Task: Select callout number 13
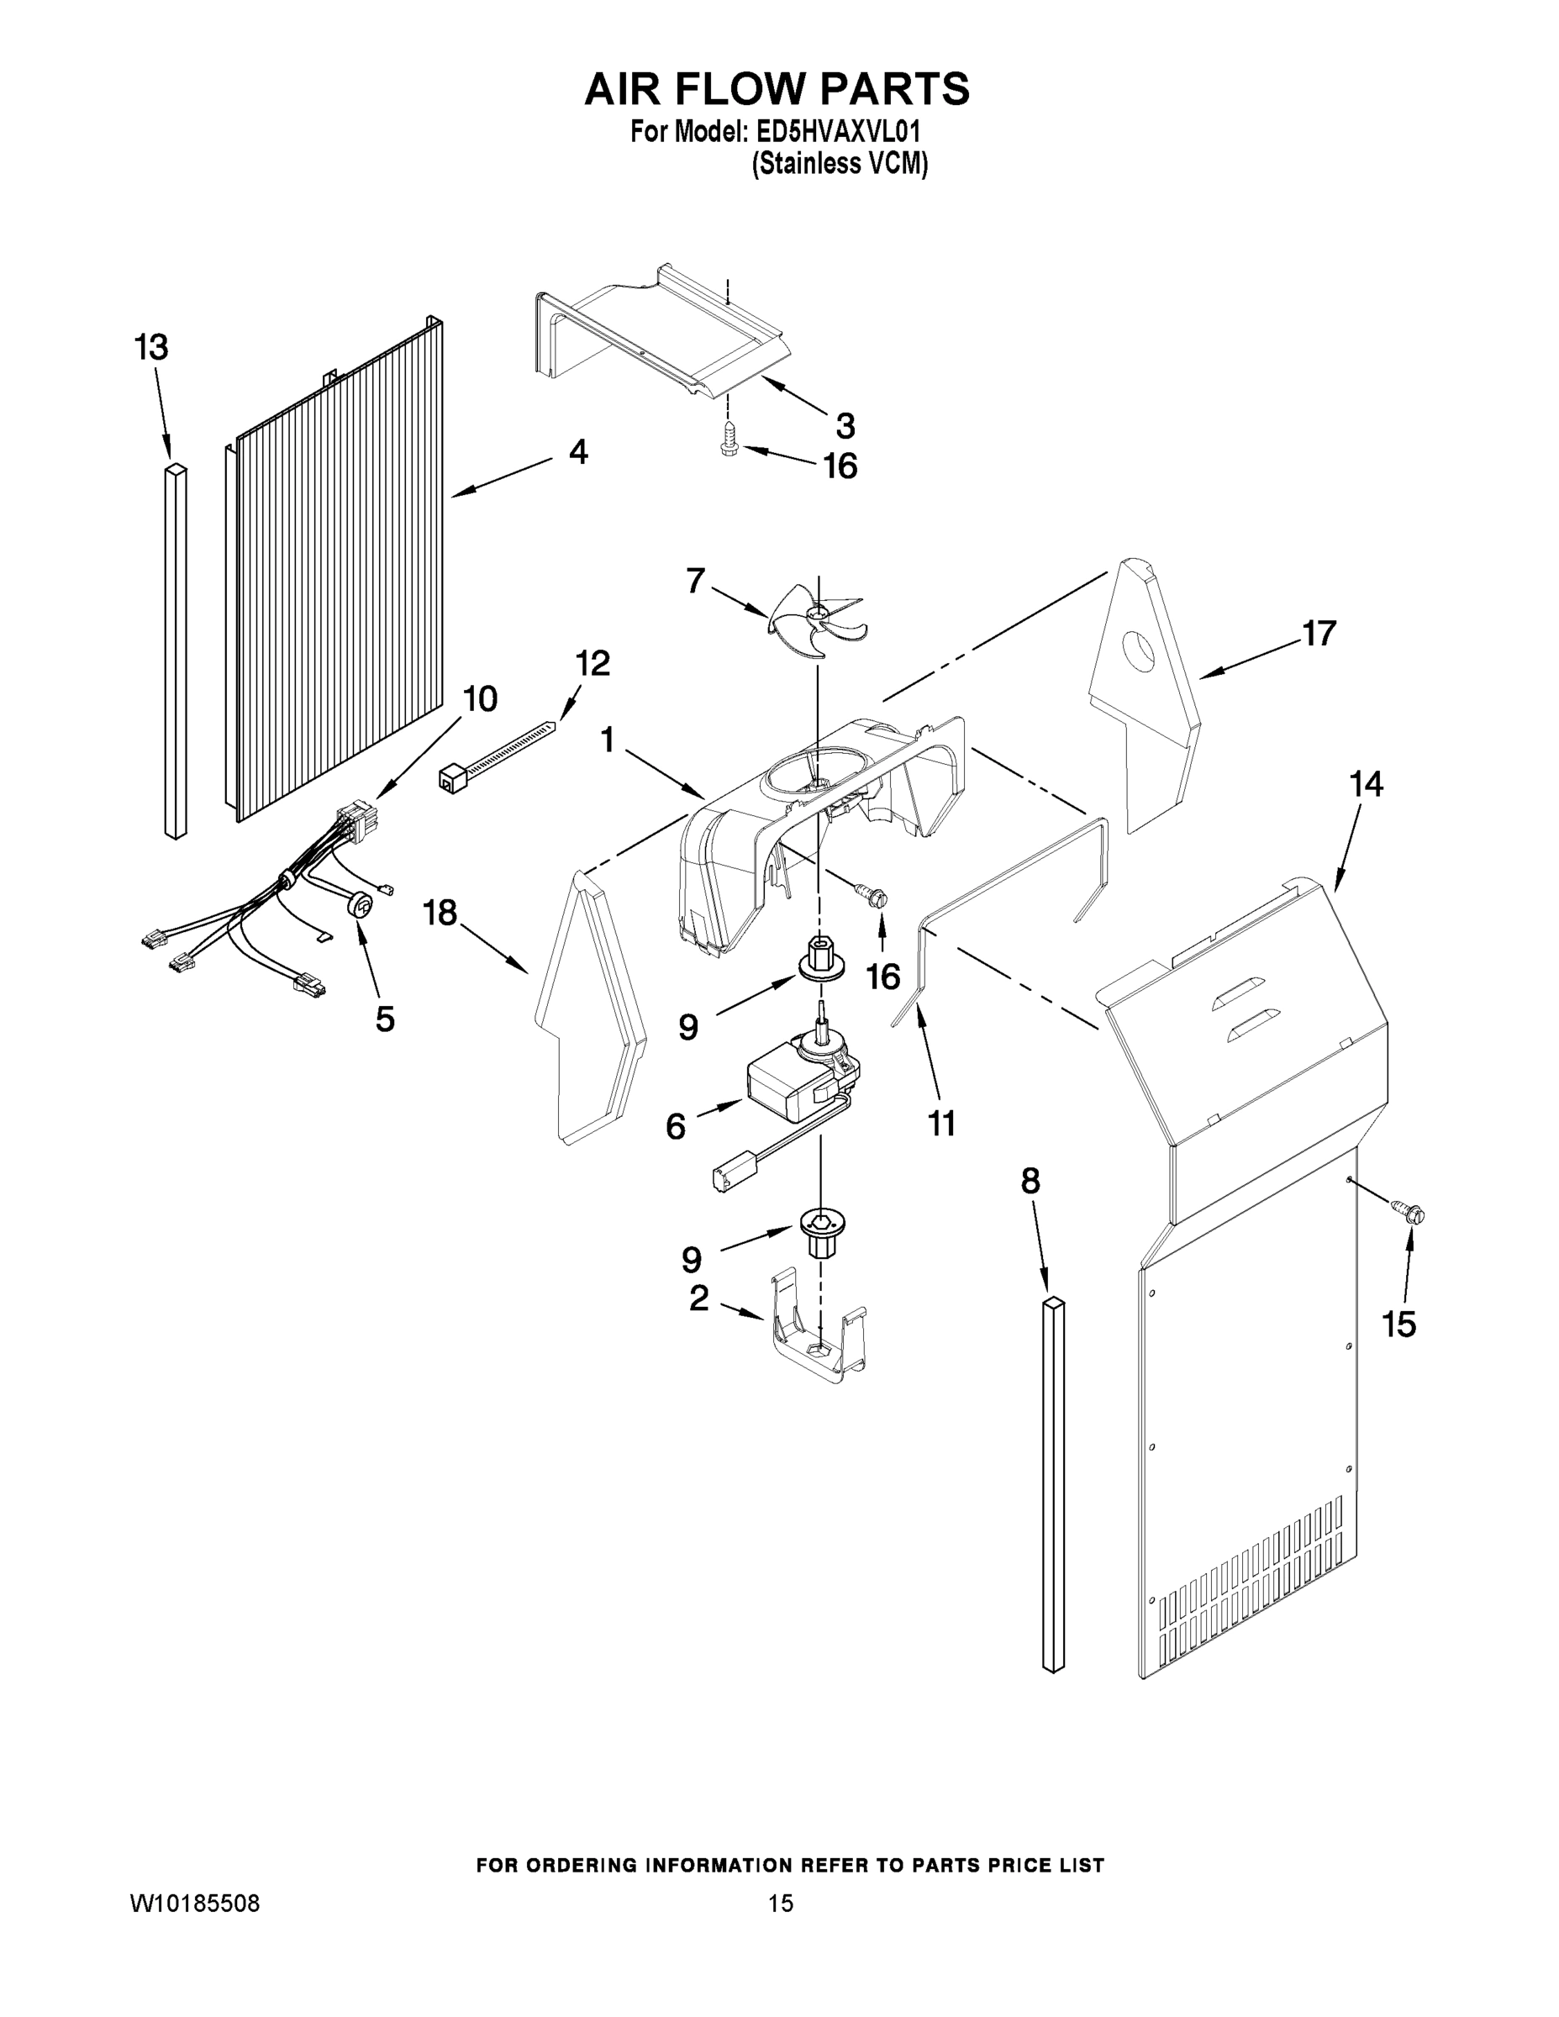pyautogui.click(x=151, y=348)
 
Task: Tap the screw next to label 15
pyautogui.click(x=1407, y=1205)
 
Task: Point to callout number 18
pyautogui.click(x=440, y=914)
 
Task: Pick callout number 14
pyautogui.click(x=1367, y=784)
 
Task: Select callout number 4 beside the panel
pyautogui.click(x=578, y=451)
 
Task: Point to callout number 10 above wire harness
pyautogui.click(x=479, y=699)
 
